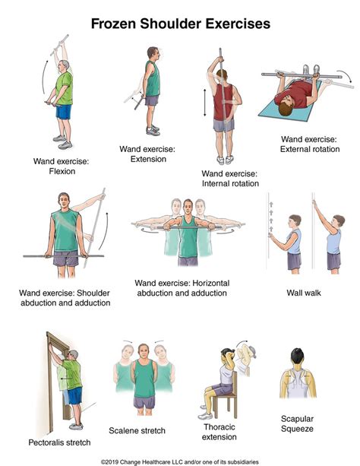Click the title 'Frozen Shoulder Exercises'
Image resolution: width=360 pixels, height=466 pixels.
180,24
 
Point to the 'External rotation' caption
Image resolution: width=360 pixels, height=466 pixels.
310,149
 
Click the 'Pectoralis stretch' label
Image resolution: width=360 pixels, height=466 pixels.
60,442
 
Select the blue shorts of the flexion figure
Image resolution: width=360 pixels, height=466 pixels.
64,112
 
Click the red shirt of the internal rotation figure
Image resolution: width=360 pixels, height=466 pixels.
223,103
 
